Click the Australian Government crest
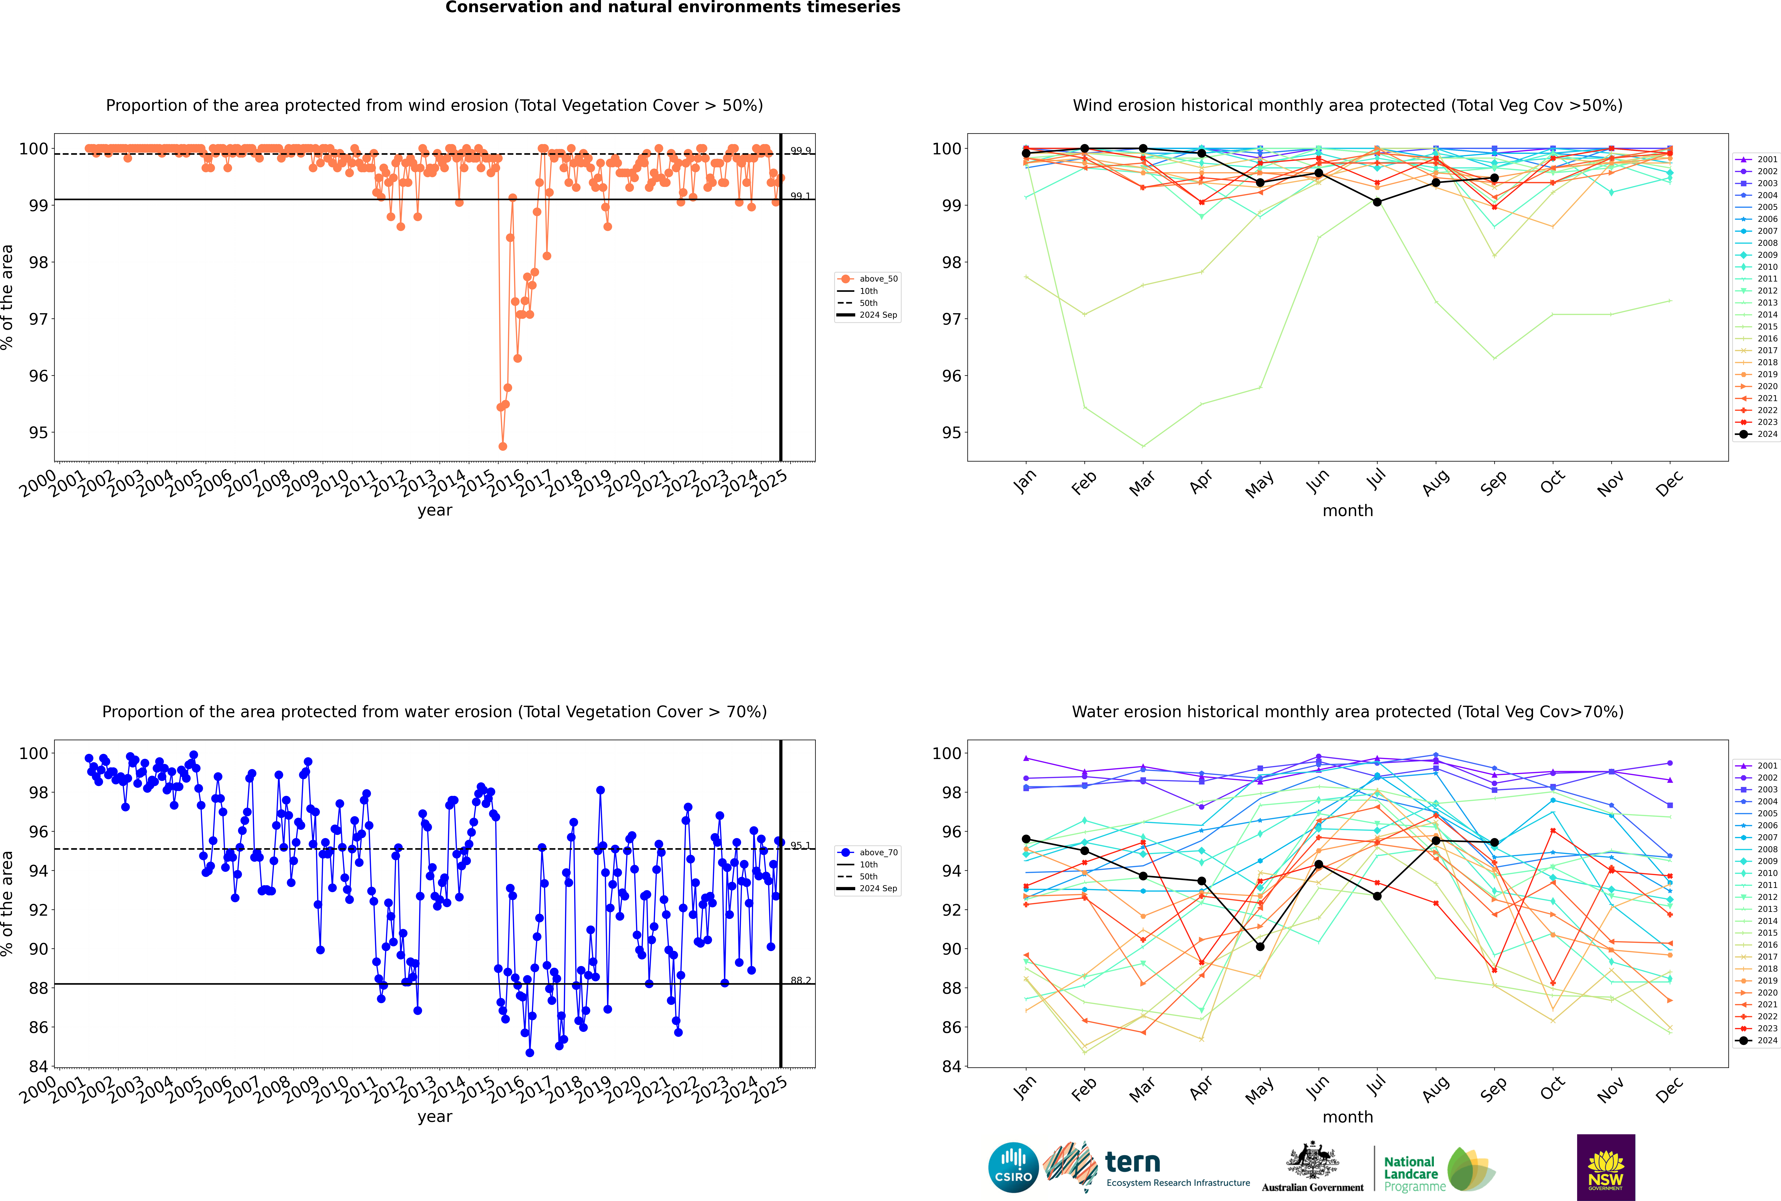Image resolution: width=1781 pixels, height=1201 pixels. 1312,1163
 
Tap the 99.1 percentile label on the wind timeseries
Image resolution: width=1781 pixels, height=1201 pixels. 800,196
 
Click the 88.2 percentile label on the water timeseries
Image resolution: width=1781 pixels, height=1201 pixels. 800,980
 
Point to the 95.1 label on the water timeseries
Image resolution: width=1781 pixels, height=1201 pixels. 800,846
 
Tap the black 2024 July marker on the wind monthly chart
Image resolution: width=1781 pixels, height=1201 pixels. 1377,202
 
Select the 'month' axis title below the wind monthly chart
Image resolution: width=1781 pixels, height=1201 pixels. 1348,511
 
